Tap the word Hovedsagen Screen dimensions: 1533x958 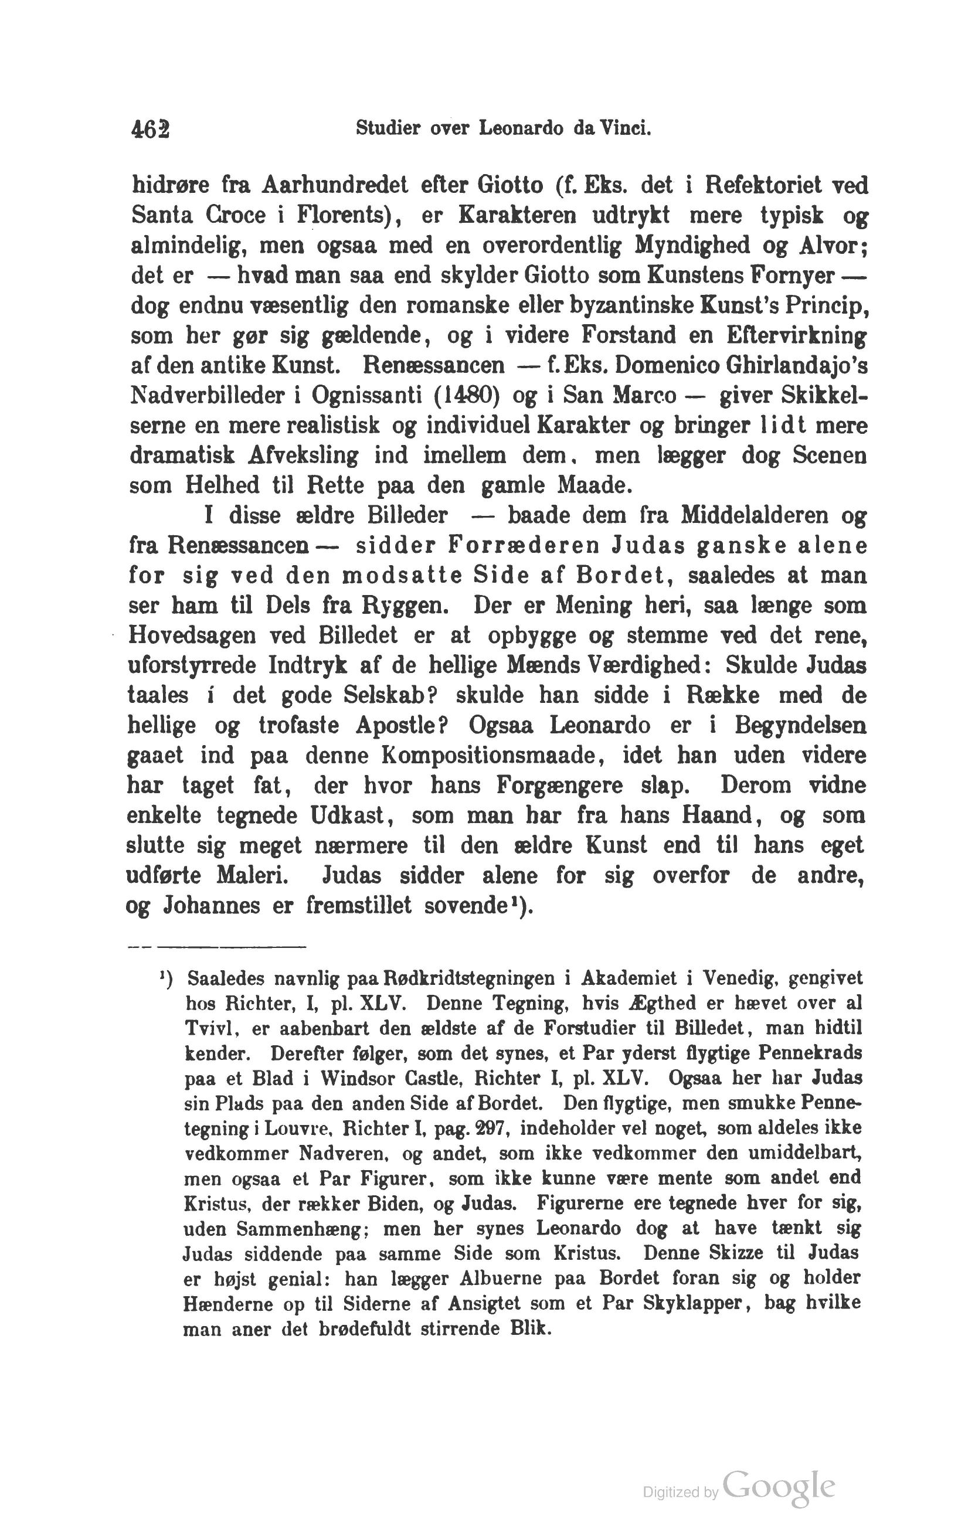point(194,635)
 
